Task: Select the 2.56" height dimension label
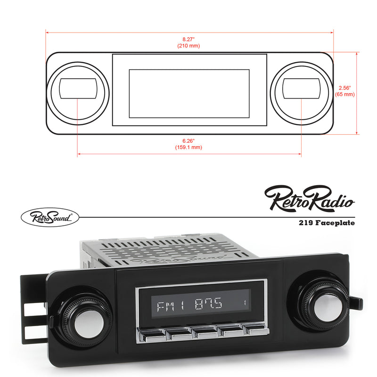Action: click(345, 88)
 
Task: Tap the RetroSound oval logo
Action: click(49, 217)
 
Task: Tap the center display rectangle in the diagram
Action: click(189, 93)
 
